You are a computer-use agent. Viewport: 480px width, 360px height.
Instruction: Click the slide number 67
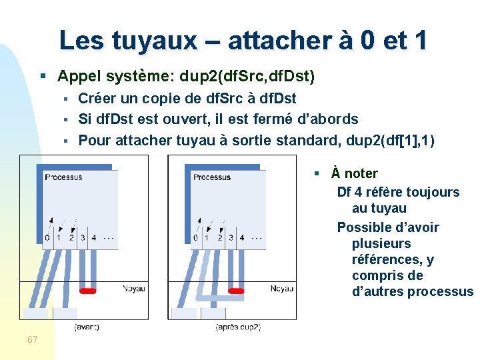(x=33, y=340)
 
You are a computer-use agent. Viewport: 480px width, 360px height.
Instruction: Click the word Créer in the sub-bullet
(x=97, y=99)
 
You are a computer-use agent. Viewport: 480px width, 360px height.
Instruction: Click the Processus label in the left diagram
(x=63, y=177)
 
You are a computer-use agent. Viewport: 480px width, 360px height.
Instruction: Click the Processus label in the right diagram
(x=211, y=177)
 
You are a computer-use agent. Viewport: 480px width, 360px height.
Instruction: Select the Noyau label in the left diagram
(x=133, y=289)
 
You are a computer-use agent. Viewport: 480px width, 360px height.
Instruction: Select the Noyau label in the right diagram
(x=282, y=289)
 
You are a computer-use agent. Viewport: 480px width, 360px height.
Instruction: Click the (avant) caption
(x=87, y=327)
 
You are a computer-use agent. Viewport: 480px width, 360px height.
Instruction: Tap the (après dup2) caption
(x=238, y=327)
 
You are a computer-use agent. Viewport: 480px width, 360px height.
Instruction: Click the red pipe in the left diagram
(x=88, y=291)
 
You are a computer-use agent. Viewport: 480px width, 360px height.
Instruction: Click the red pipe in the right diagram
(x=236, y=291)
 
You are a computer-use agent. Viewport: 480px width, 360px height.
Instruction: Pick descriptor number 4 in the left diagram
(x=93, y=237)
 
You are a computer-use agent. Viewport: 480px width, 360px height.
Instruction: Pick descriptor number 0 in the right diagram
(x=195, y=237)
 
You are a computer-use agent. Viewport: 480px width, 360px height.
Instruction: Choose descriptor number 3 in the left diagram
(x=82, y=237)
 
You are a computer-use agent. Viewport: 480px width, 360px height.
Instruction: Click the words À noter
(x=355, y=174)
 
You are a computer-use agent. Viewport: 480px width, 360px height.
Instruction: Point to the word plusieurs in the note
(x=381, y=244)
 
